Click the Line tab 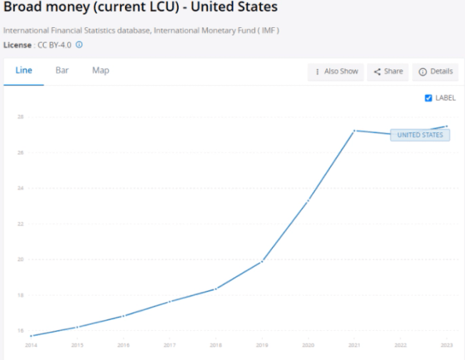coord(24,71)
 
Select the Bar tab coord(62,71)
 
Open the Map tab coord(101,71)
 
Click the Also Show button coord(336,71)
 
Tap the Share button coord(388,71)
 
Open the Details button coord(435,71)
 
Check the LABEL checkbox coord(429,98)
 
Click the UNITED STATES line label coord(420,135)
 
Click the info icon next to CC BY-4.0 coord(79,44)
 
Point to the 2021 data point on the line coord(354,131)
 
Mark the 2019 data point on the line coord(262,261)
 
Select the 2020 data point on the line coord(309,201)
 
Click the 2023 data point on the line coord(446,126)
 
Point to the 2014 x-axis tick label coord(31,345)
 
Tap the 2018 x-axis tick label coord(216,345)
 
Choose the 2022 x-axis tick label coord(401,345)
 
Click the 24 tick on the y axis coord(21,189)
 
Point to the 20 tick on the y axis coord(21,259)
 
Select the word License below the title coord(18,44)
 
